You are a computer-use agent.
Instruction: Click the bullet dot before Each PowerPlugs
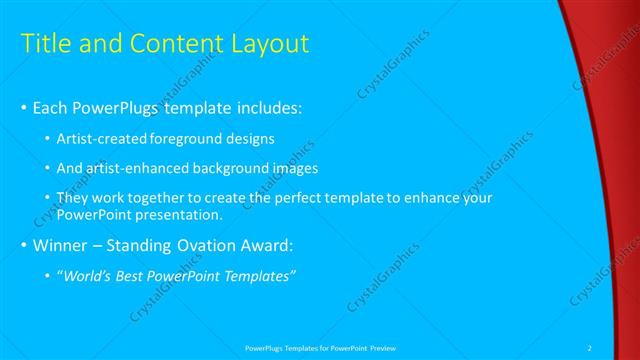pos(24,107)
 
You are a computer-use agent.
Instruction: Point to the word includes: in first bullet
pos(266,107)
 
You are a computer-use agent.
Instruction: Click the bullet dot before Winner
pos(24,246)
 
